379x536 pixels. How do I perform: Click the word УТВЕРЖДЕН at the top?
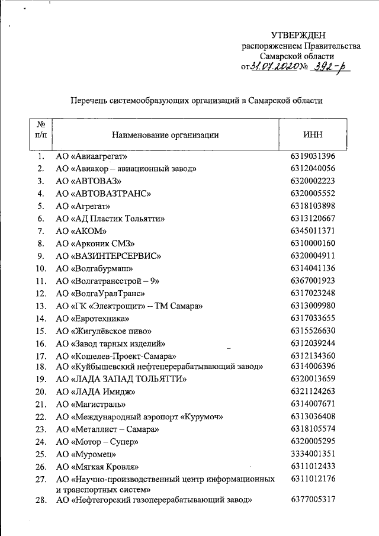pyautogui.click(x=298, y=36)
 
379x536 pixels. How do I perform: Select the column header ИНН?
pyautogui.click(x=312, y=134)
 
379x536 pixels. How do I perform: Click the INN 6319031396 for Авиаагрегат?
pyautogui.click(x=313, y=156)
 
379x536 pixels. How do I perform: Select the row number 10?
pyautogui.click(x=40, y=268)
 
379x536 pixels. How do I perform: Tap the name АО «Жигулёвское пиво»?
pyautogui.click(x=104, y=330)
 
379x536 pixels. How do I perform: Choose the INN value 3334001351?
pyautogui.click(x=313, y=454)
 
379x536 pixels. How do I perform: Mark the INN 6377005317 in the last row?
pyautogui.click(x=313, y=500)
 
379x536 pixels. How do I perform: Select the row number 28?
pyautogui.click(x=40, y=500)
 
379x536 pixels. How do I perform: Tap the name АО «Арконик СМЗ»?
pyautogui.click(x=96, y=243)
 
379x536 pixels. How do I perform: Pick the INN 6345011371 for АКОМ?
pyautogui.click(x=313, y=230)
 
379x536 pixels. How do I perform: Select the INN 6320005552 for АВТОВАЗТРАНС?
pyautogui.click(x=313, y=193)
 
